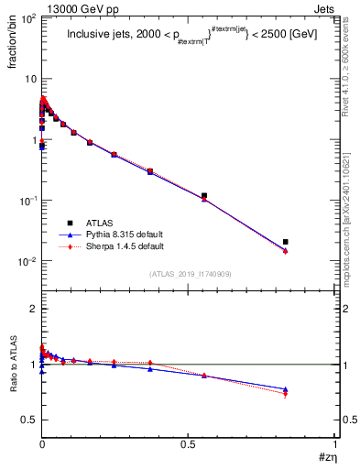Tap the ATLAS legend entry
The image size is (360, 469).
point(101,224)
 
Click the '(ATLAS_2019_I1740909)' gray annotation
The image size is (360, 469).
point(189,273)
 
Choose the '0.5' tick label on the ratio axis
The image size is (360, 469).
point(27,420)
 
